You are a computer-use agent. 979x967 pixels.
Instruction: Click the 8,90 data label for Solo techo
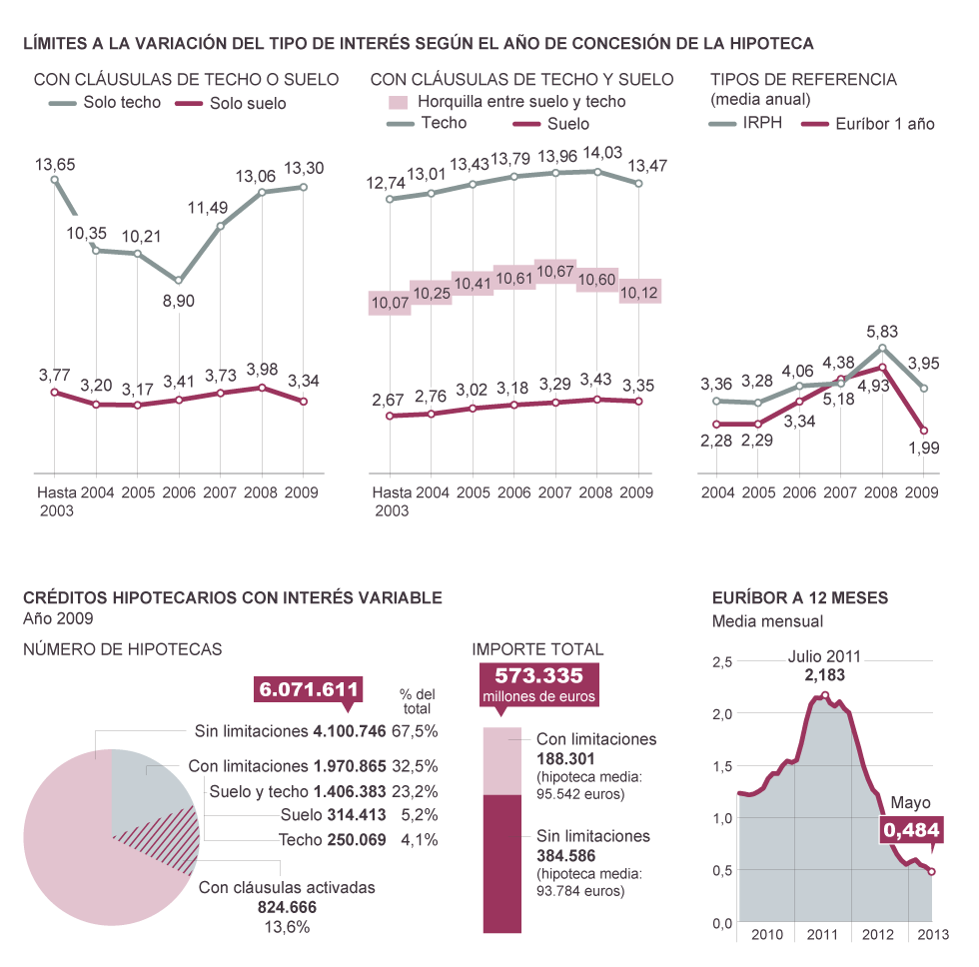click(178, 302)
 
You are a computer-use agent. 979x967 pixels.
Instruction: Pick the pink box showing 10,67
click(555, 272)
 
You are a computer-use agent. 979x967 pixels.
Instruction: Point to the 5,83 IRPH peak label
click(882, 331)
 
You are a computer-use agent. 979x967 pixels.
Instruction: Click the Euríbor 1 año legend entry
click(885, 124)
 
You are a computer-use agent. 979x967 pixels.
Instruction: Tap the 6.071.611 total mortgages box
click(309, 689)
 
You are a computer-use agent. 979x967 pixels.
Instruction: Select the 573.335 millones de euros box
click(539, 685)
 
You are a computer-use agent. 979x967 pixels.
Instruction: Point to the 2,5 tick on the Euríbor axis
click(722, 661)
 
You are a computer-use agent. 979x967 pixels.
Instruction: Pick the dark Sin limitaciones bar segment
click(502, 863)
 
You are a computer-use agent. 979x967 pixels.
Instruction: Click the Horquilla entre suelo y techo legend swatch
click(398, 102)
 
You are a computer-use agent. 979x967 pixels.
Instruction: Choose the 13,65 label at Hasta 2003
click(55, 164)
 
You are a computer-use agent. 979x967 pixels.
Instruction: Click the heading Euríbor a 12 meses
click(800, 598)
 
